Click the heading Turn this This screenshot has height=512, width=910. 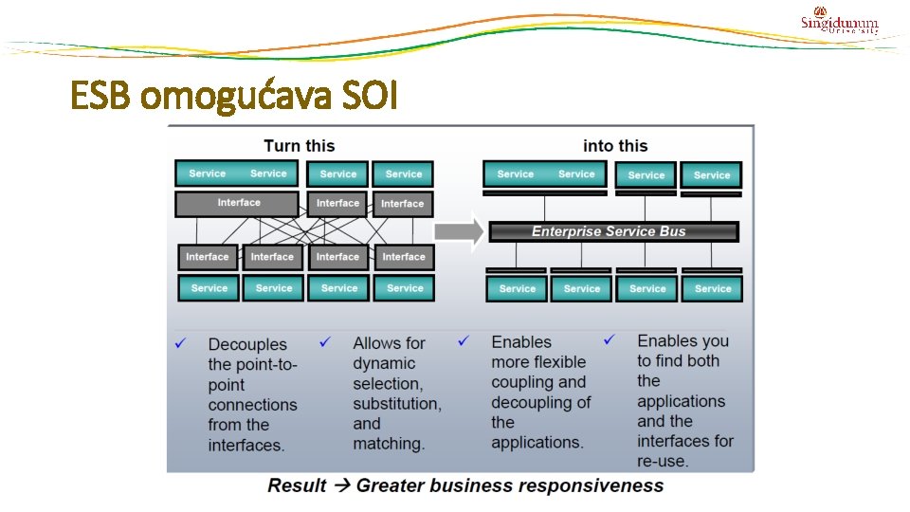tap(299, 146)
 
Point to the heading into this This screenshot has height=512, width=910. tap(615, 146)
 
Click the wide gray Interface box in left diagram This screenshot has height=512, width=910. tap(238, 203)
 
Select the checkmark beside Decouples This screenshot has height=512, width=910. tap(180, 342)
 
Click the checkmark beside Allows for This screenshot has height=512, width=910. tap(325, 341)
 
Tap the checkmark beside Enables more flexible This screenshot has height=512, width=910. tap(464, 339)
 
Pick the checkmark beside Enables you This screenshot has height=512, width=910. tap(610, 338)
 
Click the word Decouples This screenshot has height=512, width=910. tap(247, 344)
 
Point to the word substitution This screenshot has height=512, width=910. tap(396, 404)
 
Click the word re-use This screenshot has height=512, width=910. tap(663, 462)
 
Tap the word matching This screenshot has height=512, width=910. tap(389, 444)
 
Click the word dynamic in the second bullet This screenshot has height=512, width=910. tap(384, 363)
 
